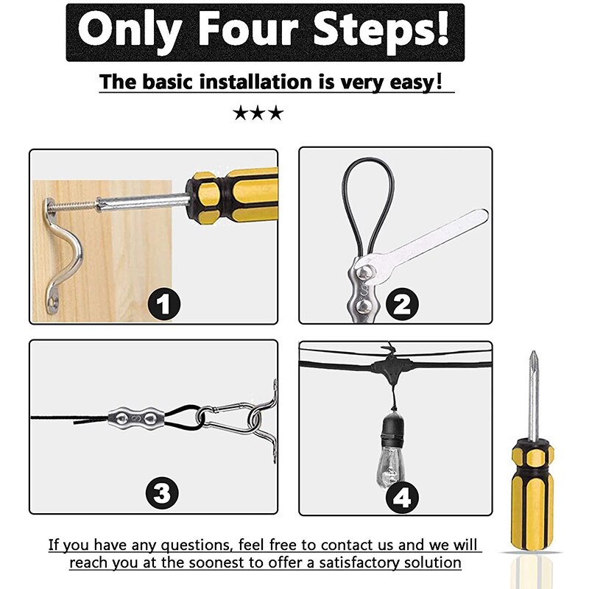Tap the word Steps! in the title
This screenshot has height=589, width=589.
(x=379, y=32)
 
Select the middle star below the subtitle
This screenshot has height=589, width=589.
(x=258, y=113)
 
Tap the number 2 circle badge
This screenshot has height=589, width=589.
(x=401, y=303)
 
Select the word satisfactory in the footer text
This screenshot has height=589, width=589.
(x=353, y=562)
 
